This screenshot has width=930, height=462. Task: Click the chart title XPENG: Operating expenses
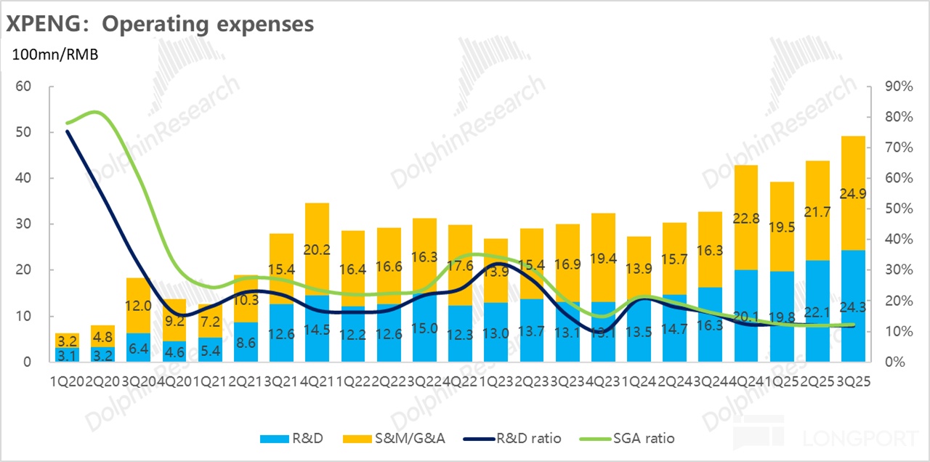pos(161,23)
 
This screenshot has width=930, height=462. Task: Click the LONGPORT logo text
pos(860,439)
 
